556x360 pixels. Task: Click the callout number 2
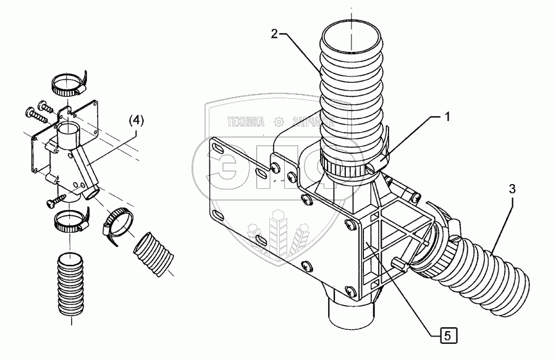pyautogui.click(x=274, y=34)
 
